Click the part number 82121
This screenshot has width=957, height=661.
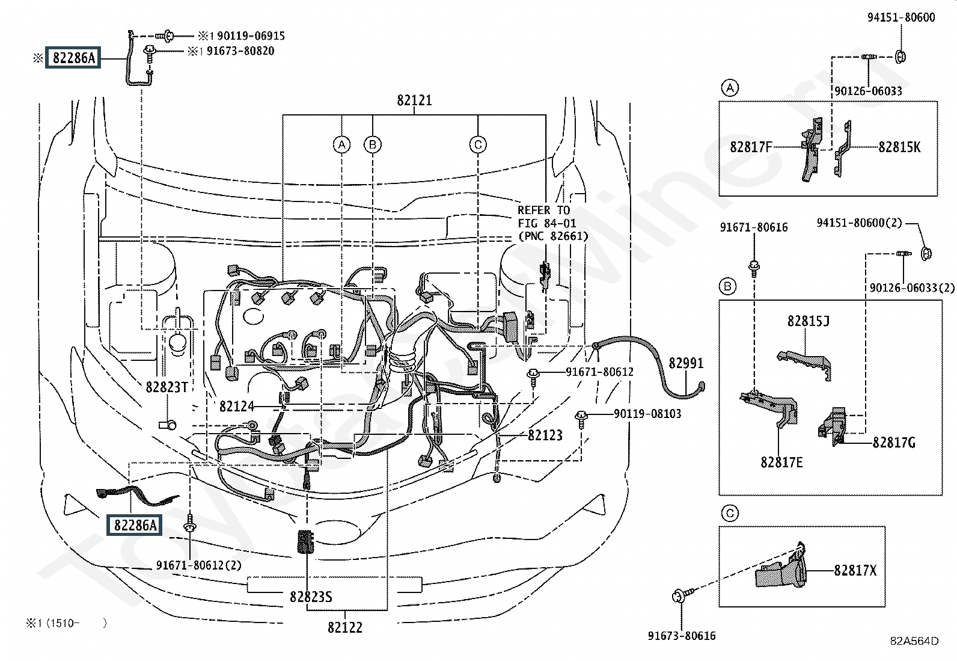coord(414,100)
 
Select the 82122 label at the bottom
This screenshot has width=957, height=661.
coord(345,627)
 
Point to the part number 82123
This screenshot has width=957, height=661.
coord(545,435)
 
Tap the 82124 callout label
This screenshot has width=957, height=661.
coord(237,407)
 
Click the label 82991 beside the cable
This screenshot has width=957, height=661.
coord(686,363)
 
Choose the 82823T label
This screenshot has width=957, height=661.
coord(167,387)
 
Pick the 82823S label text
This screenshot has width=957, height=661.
coord(311,597)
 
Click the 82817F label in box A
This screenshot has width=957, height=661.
coord(751,147)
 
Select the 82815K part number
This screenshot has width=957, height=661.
coord(899,147)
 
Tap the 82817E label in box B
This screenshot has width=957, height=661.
coord(781,462)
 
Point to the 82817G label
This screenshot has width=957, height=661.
coord(894,443)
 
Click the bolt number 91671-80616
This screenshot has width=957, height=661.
coord(754,227)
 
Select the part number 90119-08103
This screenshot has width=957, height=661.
coord(647,414)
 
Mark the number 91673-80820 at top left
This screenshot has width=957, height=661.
coord(240,51)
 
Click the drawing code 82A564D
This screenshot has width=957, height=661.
coord(914,641)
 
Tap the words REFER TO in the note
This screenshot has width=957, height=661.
coord(543,210)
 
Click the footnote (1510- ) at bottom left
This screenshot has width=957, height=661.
coord(66,623)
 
